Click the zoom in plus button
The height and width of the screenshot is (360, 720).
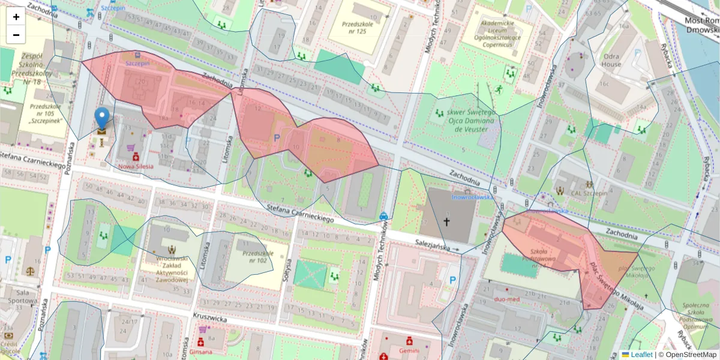coord(16,17)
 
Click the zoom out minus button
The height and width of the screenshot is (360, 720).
coord(16,35)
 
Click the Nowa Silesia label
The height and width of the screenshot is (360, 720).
coord(136,166)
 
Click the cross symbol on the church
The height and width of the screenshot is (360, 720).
coord(446,221)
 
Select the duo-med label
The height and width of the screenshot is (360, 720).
coord(506,298)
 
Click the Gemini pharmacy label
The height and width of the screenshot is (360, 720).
coord(409,350)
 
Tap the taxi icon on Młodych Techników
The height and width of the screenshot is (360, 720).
coord(383,215)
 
